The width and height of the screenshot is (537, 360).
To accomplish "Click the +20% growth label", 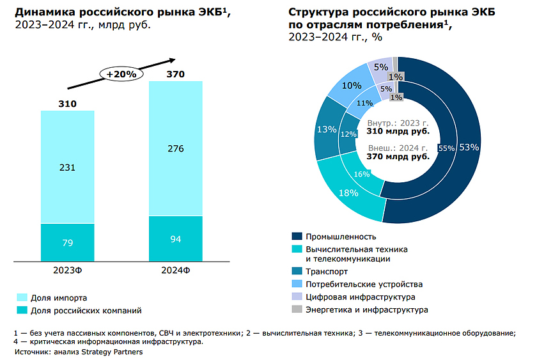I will pos(121,74).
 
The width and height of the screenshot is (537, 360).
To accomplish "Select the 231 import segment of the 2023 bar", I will pos(68,168).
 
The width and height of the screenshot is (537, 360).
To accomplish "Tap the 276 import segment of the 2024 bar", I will pos(175,149).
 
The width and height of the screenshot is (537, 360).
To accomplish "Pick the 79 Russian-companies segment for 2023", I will pos(68,242).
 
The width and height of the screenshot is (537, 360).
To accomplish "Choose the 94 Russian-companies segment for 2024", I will pos(175,239).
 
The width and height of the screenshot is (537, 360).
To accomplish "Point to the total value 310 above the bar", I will pos(68,104).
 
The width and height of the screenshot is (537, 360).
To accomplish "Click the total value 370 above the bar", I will pos(175,74).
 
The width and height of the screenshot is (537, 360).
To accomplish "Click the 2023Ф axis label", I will pos(68,269).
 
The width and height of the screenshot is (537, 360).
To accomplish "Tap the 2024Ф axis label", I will pos(175,269).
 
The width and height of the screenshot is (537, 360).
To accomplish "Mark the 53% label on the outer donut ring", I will pos(469,147).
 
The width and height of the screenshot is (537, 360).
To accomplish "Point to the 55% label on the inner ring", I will pos(446,148).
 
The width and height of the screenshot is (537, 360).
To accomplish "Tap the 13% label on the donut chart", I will pos(327,130).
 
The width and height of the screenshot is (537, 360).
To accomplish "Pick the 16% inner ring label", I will pos(362,174).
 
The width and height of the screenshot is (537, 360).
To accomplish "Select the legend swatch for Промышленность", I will pos(296,237).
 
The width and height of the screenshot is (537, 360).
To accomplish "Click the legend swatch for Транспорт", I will pos(296,271).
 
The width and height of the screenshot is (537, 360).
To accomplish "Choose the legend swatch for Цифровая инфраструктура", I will pos(296,297).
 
